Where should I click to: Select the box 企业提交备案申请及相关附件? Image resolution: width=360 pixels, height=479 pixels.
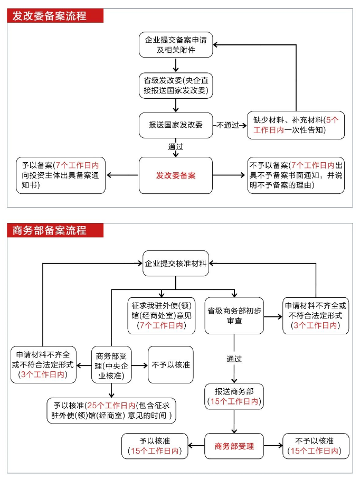176,45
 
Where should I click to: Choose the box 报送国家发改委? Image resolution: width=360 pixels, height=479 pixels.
176,125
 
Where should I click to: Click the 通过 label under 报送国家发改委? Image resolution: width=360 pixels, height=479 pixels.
176,147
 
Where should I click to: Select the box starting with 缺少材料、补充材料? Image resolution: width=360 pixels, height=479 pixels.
296,125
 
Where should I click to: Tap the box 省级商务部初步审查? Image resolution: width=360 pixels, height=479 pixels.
234,316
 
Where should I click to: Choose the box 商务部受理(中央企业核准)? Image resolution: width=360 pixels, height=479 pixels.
112,365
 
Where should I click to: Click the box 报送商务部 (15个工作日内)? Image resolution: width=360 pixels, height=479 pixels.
234,396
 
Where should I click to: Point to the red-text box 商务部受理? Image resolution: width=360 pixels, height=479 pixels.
234,446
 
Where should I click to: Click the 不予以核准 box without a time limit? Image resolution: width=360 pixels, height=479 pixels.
170,365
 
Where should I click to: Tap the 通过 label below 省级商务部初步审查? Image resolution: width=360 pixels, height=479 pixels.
234,359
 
